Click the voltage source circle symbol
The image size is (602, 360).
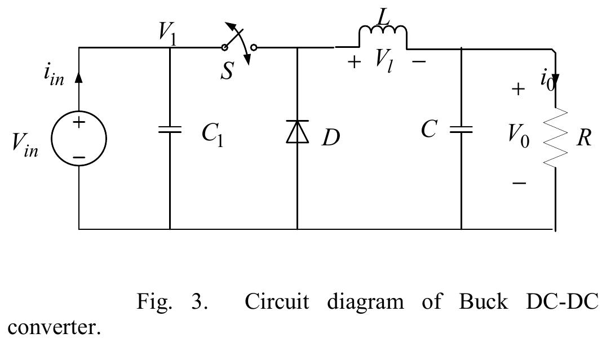pyautogui.click(x=79, y=138)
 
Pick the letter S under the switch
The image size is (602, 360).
pyautogui.click(x=227, y=72)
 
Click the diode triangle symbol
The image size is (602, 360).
pyautogui.click(x=297, y=132)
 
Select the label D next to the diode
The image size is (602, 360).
pyautogui.click(x=331, y=137)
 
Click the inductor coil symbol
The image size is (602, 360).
pyautogui.click(x=383, y=35)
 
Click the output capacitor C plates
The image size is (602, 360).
pyautogui.click(x=461, y=130)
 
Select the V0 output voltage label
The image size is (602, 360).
pyautogui.click(x=518, y=135)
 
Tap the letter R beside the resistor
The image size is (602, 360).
pyautogui.click(x=583, y=137)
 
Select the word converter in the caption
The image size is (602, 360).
pyautogui.click(x=52, y=327)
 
